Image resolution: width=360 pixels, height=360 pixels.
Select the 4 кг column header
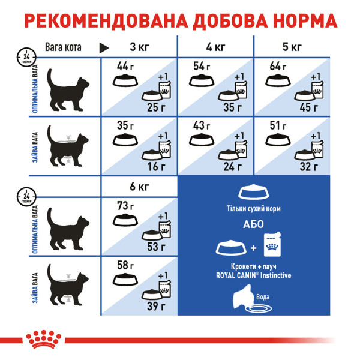click(215, 47)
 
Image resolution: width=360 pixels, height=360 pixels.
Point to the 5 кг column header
click(292, 47)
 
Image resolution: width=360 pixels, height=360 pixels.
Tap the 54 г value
click(200, 65)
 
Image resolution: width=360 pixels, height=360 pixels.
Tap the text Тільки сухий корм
click(255, 209)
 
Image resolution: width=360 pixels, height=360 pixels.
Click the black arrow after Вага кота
click(104, 47)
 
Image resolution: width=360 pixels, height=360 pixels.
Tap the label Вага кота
click(64, 47)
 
